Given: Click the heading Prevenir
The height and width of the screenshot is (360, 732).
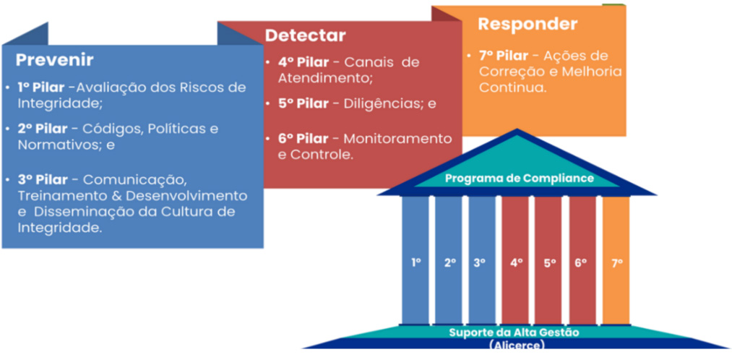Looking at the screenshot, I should pos(55,60).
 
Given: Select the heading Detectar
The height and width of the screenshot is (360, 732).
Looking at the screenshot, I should pos(305,35).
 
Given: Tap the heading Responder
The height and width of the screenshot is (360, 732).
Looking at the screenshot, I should pos(528,24).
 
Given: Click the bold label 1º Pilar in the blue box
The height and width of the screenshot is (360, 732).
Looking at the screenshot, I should pos(43,87).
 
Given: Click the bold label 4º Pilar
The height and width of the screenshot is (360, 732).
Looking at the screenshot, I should pos(302,62).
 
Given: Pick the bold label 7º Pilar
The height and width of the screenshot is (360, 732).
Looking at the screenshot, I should pos(504,56).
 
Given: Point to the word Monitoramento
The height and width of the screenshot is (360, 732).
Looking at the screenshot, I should pos(407,138).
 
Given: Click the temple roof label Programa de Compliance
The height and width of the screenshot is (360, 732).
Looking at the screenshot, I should pos(519,178).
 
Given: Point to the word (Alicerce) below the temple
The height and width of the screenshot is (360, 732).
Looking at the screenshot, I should pos(517,345).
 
